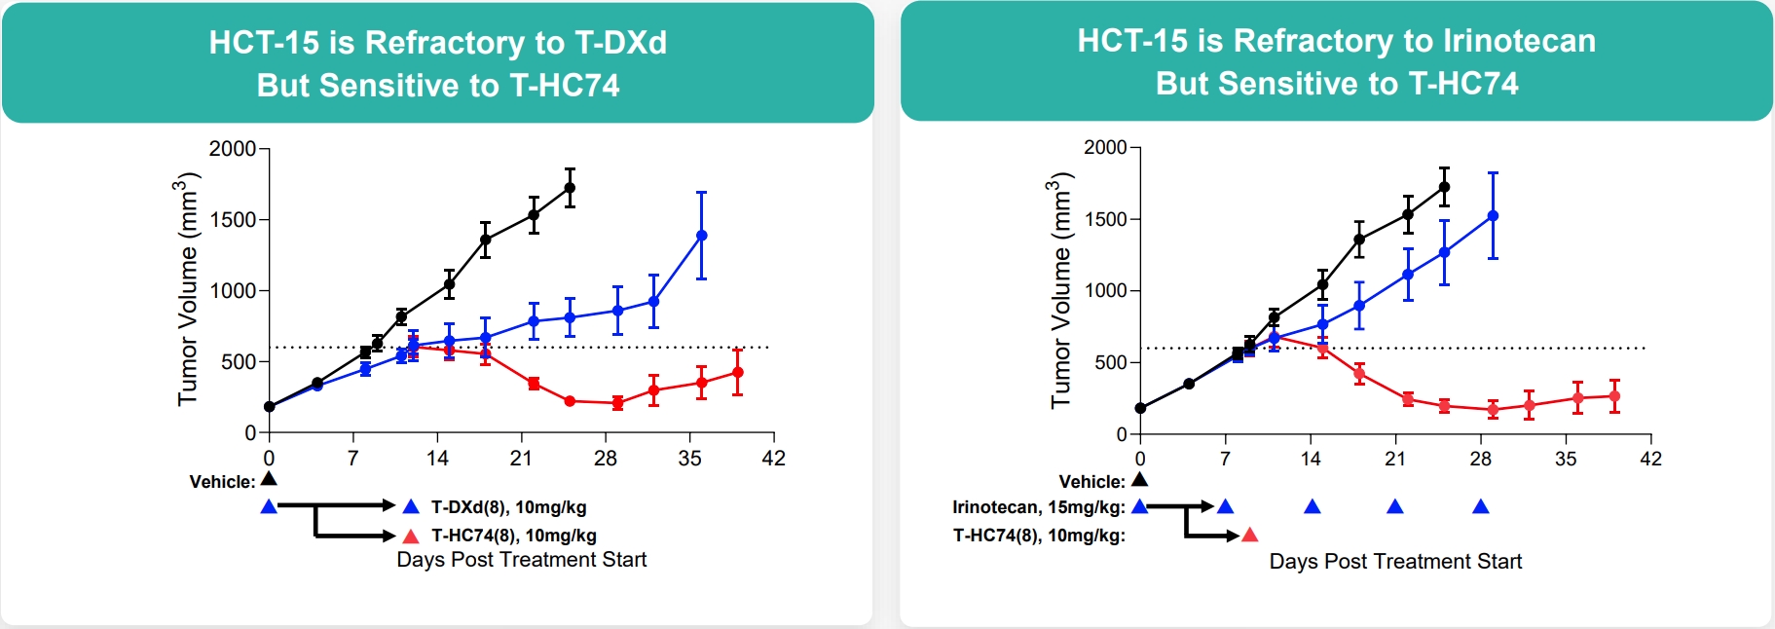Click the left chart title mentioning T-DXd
pyautogui.click(x=438, y=63)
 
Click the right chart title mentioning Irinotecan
pyautogui.click(x=1336, y=61)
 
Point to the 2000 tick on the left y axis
pyautogui.click(x=233, y=149)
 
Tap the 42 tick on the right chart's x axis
pyautogui.click(x=1650, y=459)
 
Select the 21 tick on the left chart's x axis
pyautogui.click(x=522, y=459)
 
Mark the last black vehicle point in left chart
pyautogui.click(x=570, y=188)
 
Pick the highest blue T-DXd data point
pyautogui.click(x=701, y=236)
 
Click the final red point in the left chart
pyautogui.click(x=737, y=372)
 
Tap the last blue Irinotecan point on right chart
pyautogui.click(x=1493, y=216)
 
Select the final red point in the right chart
pyautogui.click(x=1614, y=396)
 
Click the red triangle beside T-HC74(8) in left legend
pyautogui.click(x=411, y=536)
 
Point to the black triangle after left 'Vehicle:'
pyautogui.click(x=269, y=479)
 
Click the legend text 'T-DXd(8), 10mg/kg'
pyautogui.click(x=508, y=507)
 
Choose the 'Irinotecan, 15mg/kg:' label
pyautogui.click(x=1038, y=507)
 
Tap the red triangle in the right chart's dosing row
pyautogui.click(x=1250, y=535)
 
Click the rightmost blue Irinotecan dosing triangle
pyautogui.click(x=1480, y=506)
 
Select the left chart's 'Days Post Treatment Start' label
pyautogui.click(x=521, y=560)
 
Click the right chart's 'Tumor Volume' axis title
pyautogui.click(x=1060, y=289)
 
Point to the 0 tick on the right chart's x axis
pyautogui.click(x=1140, y=459)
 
